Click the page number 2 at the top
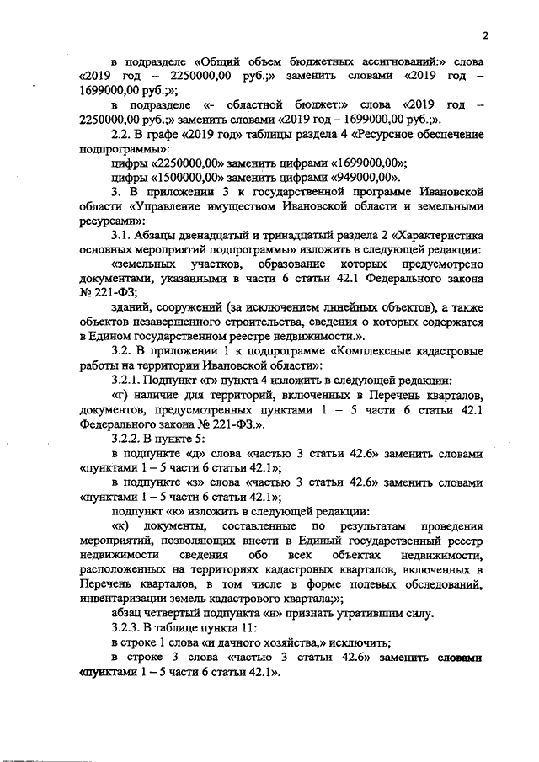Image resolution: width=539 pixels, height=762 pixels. point(486,35)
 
